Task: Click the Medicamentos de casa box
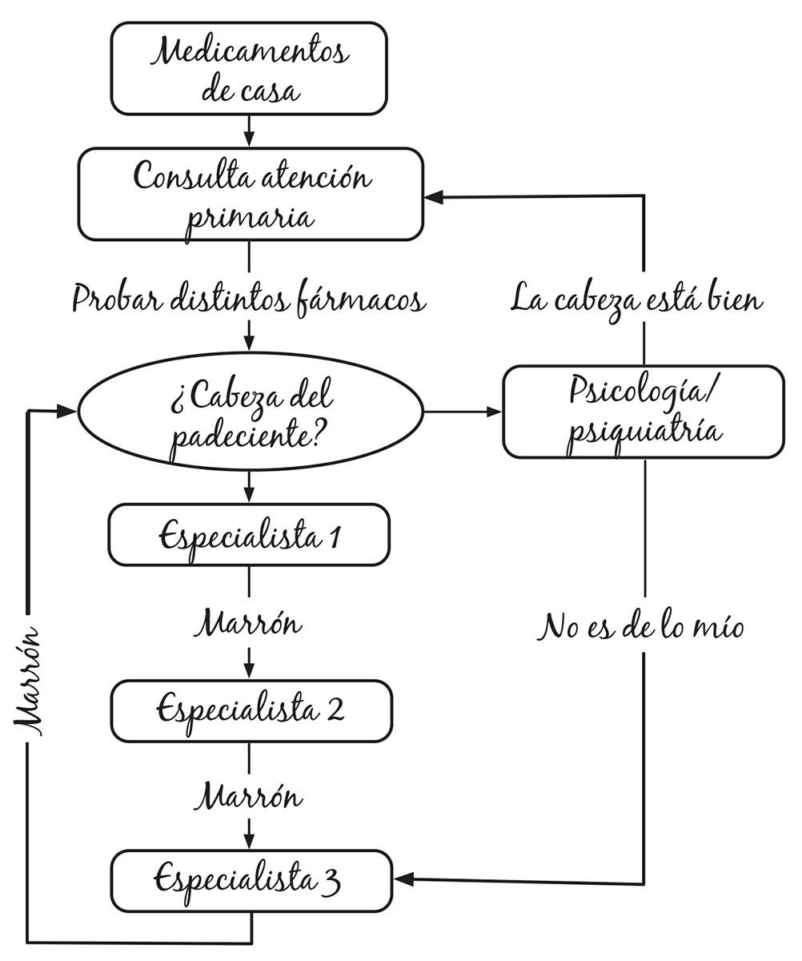click(x=249, y=68)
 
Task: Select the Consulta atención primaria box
click(x=250, y=194)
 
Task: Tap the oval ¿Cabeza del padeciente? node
click(x=250, y=412)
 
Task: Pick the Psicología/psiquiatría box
click(x=644, y=412)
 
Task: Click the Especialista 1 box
click(x=249, y=535)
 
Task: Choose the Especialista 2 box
click(x=251, y=711)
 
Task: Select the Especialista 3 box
click(x=251, y=881)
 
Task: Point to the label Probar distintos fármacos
click(x=249, y=299)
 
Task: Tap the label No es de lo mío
click(x=641, y=627)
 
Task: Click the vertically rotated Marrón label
click(x=28, y=681)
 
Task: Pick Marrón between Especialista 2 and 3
click(x=249, y=797)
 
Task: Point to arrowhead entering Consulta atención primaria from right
click(x=434, y=196)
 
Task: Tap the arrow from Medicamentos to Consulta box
click(x=249, y=131)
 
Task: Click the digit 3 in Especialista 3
click(x=333, y=883)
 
